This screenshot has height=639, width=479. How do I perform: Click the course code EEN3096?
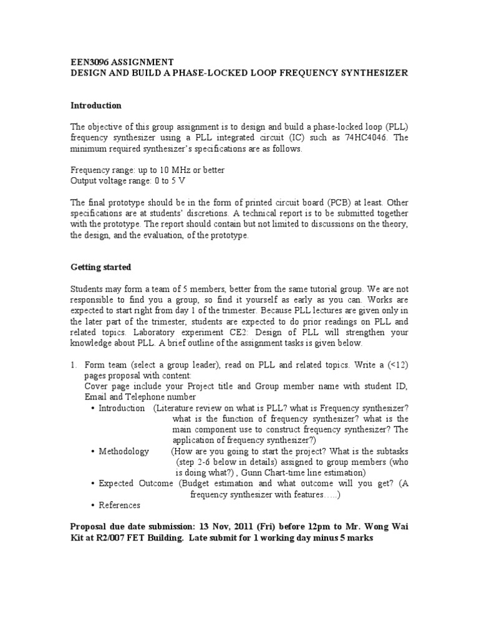coord(92,62)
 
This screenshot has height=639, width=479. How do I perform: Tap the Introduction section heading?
coord(95,105)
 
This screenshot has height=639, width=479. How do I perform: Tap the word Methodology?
coord(124,451)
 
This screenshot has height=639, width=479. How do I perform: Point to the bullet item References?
coord(120,505)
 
